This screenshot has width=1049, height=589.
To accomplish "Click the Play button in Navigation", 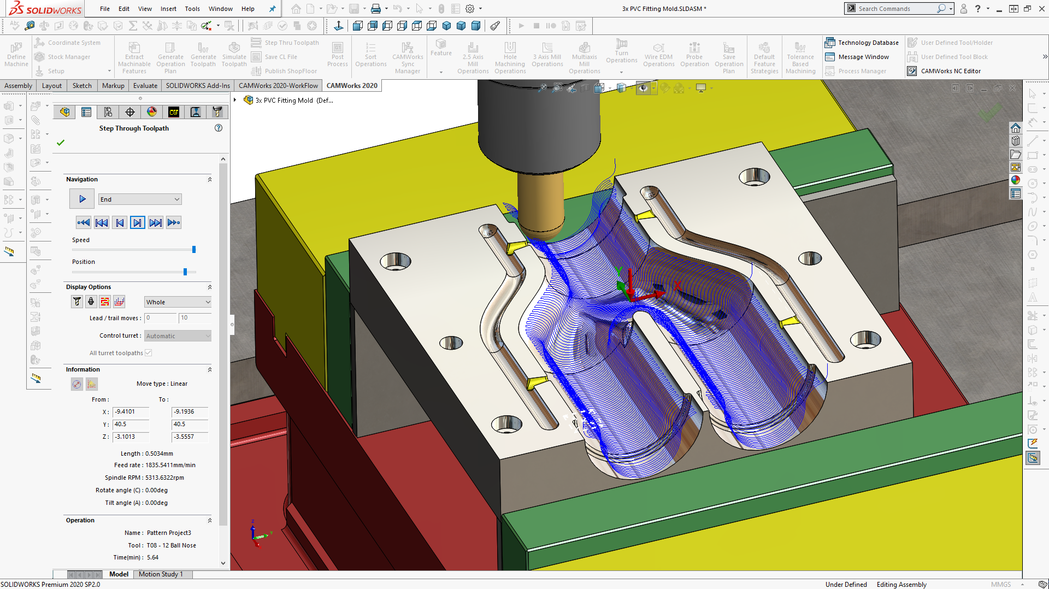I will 82,199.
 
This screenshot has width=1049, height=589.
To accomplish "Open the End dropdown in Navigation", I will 140,199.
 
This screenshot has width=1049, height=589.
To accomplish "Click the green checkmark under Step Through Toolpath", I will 61,143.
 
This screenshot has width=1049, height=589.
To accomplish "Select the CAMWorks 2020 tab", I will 352,85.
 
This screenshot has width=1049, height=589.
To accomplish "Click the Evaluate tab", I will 145,85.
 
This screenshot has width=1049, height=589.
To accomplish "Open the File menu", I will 105,9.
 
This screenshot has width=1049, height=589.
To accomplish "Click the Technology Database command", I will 868,43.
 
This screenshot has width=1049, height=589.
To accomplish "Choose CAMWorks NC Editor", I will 950,71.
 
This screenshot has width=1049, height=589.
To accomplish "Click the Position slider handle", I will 185,272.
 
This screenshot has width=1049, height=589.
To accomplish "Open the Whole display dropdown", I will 178,302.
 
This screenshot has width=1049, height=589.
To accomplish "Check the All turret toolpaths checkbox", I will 149,353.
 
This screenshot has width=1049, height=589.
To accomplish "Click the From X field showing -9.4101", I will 131,412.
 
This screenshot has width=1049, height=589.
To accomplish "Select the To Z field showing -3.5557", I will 190,437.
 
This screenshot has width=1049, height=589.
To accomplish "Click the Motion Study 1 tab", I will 161,574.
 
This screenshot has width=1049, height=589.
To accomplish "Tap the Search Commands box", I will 896,9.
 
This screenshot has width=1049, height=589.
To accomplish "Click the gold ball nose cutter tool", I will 541,202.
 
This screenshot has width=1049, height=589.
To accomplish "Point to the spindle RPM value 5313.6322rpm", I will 164,478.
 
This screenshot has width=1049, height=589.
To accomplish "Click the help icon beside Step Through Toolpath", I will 219,128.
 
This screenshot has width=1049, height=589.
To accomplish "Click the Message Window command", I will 863,57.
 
